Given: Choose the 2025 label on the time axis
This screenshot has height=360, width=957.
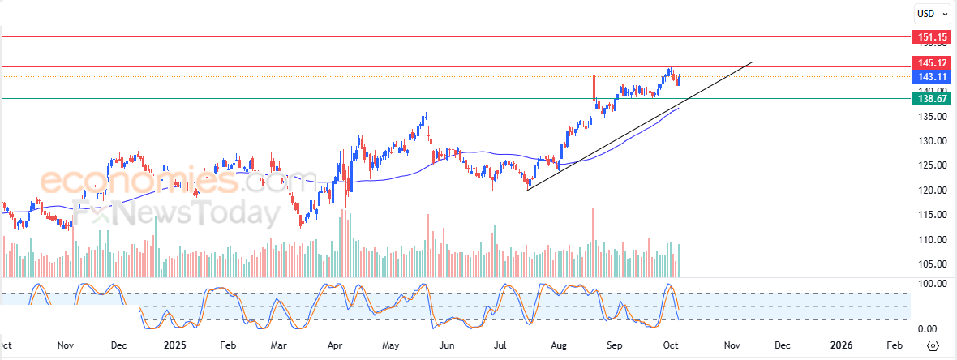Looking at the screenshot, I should point(176,345).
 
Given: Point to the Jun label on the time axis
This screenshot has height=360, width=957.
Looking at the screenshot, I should point(446,345).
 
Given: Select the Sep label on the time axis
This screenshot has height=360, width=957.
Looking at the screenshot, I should point(616,345).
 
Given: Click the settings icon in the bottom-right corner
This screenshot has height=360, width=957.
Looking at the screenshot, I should point(933,345).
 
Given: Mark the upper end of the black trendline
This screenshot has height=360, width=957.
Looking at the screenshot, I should point(753,62).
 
